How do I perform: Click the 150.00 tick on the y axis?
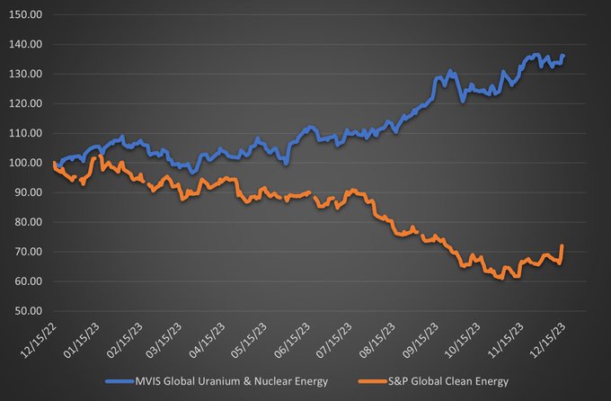(24, 14)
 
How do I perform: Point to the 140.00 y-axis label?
(24, 44)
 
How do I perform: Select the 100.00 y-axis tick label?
(24, 163)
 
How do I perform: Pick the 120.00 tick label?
(24, 103)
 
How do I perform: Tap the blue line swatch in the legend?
(118, 381)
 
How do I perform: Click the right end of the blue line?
(563, 56)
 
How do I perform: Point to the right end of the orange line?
(562, 245)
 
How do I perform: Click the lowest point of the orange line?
(500, 279)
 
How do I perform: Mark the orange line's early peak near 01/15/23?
(94, 158)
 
